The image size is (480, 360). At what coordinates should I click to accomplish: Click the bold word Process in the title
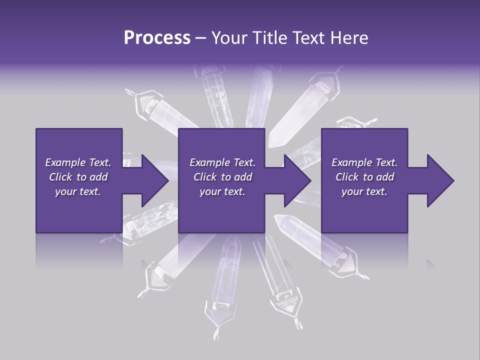pos(157,38)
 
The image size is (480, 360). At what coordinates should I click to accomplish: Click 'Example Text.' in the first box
pos(78,162)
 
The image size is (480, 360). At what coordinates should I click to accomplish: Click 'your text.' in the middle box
pos(222,191)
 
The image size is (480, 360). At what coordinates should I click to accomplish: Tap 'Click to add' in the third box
pos(365,177)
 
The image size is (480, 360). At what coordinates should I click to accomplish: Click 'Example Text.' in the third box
pos(364,162)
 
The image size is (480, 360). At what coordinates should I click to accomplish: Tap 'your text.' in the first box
pos(78,191)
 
